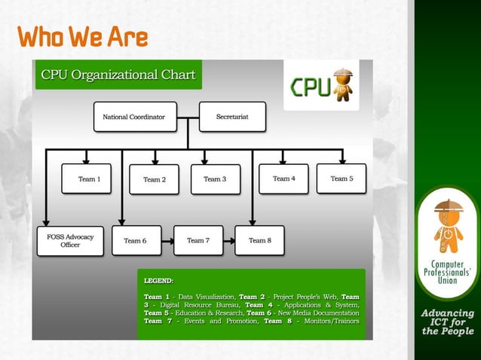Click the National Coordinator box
[x=135, y=117]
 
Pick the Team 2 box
[x=154, y=179]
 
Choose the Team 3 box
[x=215, y=179]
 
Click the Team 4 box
[x=283, y=178]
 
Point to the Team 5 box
[x=341, y=178]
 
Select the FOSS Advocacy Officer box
[x=70, y=241]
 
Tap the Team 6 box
[x=135, y=240]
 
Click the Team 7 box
[x=198, y=240]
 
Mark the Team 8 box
[x=259, y=240]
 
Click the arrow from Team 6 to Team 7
[x=166, y=240]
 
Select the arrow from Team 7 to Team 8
[x=228, y=240]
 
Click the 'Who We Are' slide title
[x=83, y=37]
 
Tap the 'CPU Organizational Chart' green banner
[x=118, y=75]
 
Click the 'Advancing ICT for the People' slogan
[x=447, y=322]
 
